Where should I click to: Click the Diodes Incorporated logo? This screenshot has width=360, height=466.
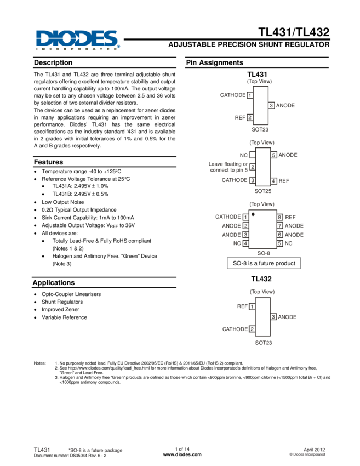click(x=78, y=41)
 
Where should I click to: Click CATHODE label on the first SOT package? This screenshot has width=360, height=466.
click(x=233, y=95)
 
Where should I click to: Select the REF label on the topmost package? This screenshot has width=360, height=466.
click(x=240, y=117)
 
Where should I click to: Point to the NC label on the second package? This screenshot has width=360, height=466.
click(x=243, y=155)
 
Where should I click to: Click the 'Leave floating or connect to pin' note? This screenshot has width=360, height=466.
click(x=228, y=166)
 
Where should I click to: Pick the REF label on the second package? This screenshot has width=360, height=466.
click(x=284, y=180)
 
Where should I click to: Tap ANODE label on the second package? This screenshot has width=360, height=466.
click(x=288, y=155)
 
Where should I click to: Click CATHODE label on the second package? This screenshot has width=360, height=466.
click(x=235, y=180)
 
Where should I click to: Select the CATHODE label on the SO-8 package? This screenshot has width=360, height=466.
click(x=228, y=217)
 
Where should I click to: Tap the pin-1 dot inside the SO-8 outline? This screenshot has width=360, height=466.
click(x=253, y=214)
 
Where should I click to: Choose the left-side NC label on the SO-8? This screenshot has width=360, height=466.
click(x=237, y=243)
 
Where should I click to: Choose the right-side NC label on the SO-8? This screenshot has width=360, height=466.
click(x=288, y=243)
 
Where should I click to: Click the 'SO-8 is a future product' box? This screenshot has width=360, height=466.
click(x=264, y=264)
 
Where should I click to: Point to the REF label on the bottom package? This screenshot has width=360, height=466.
click(x=242, y=306)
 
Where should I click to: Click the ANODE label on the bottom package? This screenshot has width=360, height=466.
click(x=287, y=317)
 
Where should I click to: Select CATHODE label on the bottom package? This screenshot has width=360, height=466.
click(x=235, y=329)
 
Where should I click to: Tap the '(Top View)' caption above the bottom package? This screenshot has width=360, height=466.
click(x=262, y=292)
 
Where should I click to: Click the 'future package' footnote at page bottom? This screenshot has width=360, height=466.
click(x=94, y=451)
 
